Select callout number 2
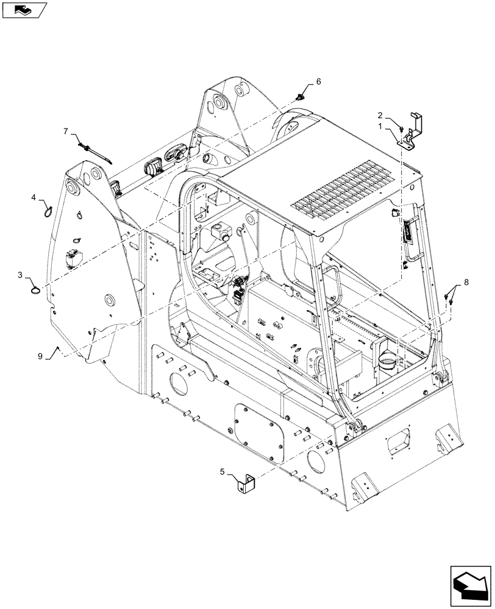pyautogui.click(x=380, y=114)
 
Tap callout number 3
pyautogui.click(x=20, y=276)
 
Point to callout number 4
pyautogui.click(x=35, y=197)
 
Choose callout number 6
pyautogui.click(x=318, y=82)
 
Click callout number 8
pyautogui.click(x=466, y=281)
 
